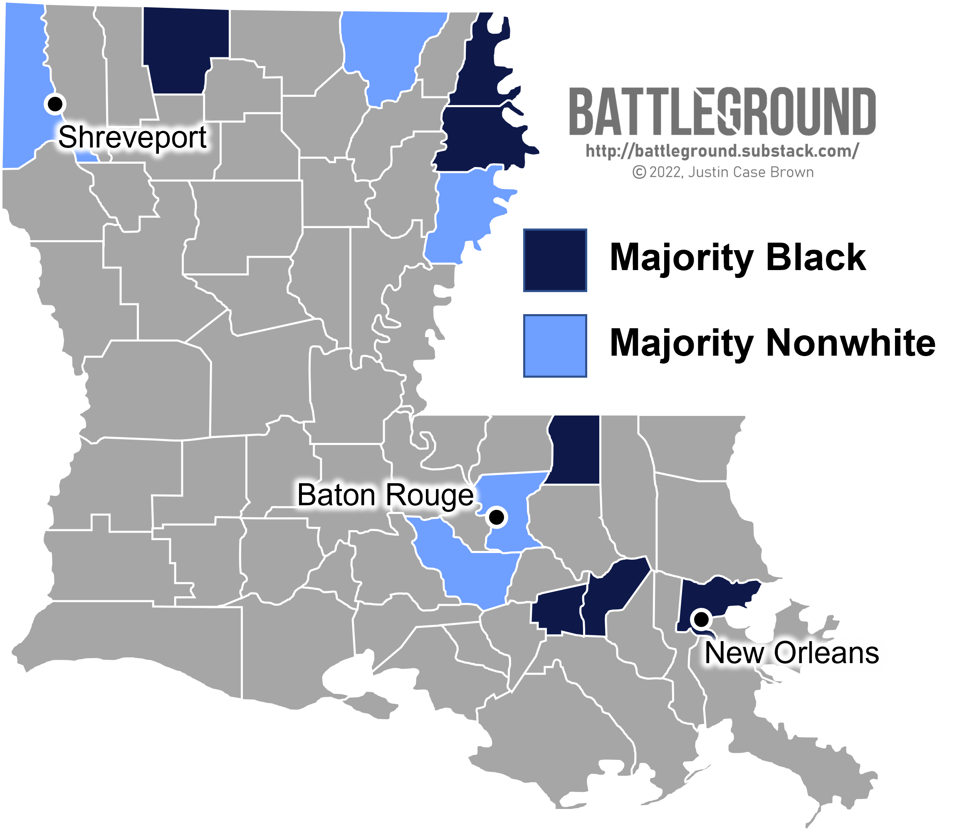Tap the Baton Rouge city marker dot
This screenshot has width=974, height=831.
(x=497, y=517)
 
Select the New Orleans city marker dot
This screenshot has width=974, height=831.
(x=701, y=619)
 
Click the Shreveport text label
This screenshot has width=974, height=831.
(x=132, y=138)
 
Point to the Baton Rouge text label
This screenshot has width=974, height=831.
(x=386, y=495)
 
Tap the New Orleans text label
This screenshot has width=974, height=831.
(x=791, y=653)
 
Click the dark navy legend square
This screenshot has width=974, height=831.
(x=555, y=261)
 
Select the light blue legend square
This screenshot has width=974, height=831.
(x=555, y=346)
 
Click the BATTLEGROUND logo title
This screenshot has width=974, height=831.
(x=722, y=112)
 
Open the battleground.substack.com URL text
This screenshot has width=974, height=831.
(x=722, y=151)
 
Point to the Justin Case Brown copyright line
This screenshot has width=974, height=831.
(x=722, y=172)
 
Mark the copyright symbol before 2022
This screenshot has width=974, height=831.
(x=639, y=173)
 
